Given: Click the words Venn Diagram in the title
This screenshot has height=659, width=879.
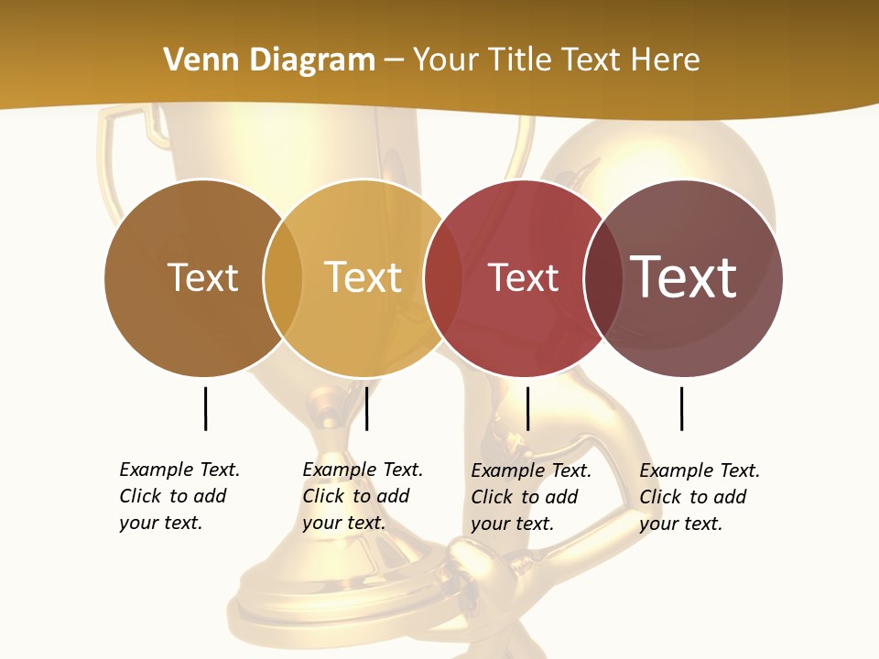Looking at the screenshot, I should pyautogui.click(x=268, y=60).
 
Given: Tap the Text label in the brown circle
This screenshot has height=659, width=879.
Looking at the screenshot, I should pyautogui.click(x=202, y=277).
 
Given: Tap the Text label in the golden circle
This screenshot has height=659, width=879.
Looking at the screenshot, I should pyautogui.click(x=364, y=277).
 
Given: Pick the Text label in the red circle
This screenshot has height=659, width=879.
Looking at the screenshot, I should pyautogui.click(x=523, y=277).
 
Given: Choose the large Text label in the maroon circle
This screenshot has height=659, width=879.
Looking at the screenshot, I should pyautogui.click(x=683, y=277).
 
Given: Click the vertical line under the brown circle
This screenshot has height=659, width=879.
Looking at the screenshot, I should pyautogui.click(x=206, y=408).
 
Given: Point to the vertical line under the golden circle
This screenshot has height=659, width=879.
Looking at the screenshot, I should pyautogui.click(x=366, y=408).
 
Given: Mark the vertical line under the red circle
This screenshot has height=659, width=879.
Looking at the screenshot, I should pyautogui.click(x=527, y=408).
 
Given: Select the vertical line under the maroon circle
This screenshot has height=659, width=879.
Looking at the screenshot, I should pyautogui.click(x=682, y=408).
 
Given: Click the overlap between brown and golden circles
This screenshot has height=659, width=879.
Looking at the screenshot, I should pyautogui.click(x=283, y=277).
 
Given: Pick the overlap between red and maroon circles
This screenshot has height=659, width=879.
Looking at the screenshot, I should pyautogui.click(x=602, y=277).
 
